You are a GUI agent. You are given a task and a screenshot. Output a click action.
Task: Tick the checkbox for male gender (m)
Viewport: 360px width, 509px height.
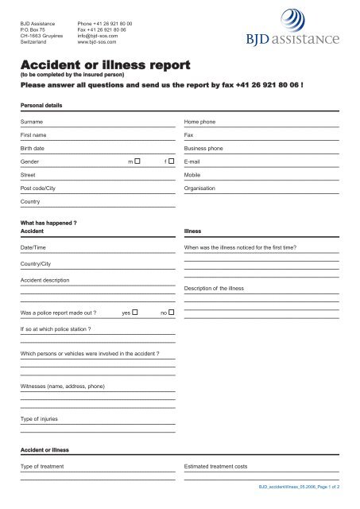(x=137, y=161)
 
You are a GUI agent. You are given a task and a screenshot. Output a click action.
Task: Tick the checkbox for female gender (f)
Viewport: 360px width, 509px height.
(x=172, y=161)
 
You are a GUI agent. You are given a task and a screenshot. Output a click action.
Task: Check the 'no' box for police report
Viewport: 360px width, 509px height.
(x=172, y=313)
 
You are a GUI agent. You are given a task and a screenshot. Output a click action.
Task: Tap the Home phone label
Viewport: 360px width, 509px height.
(x=201, y=122)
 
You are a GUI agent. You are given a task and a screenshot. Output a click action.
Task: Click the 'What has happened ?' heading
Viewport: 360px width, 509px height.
(x=48, y=223)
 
